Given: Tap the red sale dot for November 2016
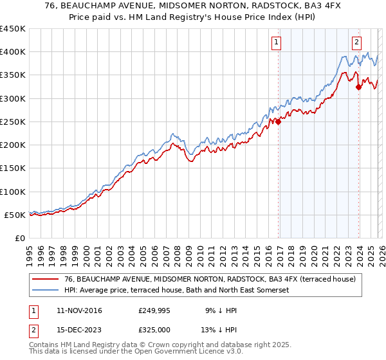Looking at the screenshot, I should [x=279, y=122].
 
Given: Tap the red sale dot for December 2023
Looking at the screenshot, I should [x=358, y=87].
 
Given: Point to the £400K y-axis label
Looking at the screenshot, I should [x=13, y=52].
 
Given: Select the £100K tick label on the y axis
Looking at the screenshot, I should [x=13, y=192].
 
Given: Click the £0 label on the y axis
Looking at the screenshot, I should [x=20, y=239].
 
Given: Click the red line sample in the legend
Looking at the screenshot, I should [x=46, y=279].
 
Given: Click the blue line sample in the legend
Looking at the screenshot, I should [x=46, y=291].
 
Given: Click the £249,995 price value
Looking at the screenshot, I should [x=154, y=310].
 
